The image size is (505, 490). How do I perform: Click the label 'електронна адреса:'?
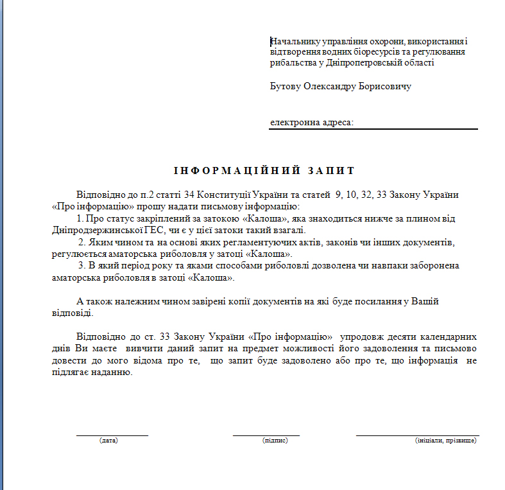(311, 121)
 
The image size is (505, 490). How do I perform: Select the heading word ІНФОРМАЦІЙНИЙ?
(237, 171)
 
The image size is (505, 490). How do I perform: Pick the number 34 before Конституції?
(189, 194)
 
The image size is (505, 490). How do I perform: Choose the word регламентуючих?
(246, 242)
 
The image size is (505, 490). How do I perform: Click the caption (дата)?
(108, 441)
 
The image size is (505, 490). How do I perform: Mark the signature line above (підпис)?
(266, 435)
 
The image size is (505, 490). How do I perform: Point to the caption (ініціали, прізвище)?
(445, 441)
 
